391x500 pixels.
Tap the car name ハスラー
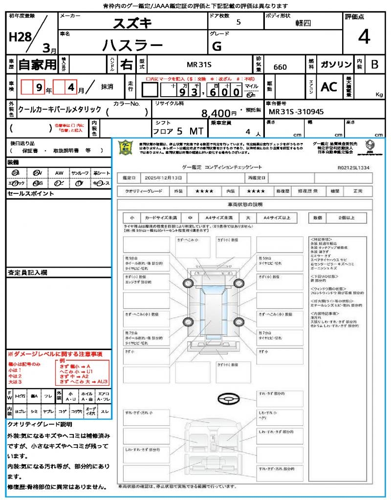[x=132, y=45]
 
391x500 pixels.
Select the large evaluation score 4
[x=364, y=37]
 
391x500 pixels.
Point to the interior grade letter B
[x=374, y=64]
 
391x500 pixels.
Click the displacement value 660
[x=280, y=67]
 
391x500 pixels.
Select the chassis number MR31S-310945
[x=296, y=112]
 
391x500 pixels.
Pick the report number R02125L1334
[x=353, y=167]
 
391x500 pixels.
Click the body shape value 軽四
[x=303, y=23]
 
